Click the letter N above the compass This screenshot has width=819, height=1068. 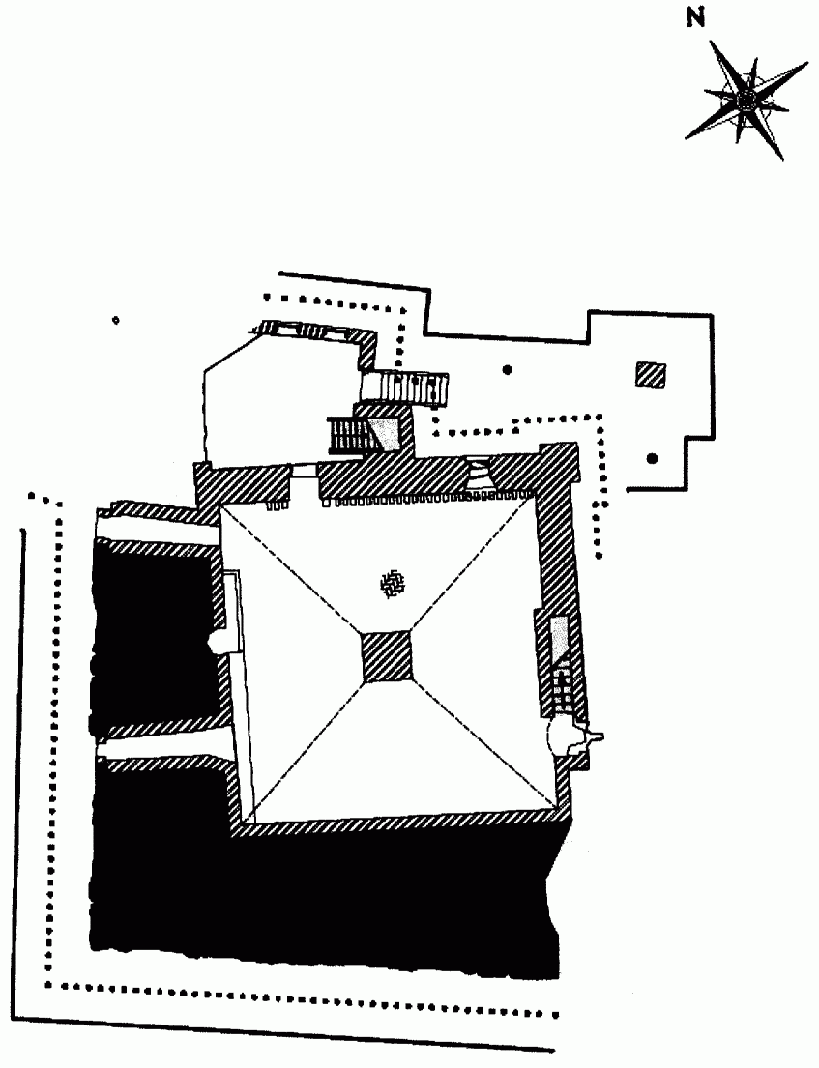694,18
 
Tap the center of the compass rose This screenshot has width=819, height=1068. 746,99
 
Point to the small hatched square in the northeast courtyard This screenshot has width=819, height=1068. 651,375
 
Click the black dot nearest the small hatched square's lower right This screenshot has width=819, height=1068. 653,457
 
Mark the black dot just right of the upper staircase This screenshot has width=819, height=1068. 507,368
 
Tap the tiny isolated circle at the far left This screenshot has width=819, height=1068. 115,320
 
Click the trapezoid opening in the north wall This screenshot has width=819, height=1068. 479,476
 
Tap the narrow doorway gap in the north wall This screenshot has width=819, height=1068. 305,471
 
